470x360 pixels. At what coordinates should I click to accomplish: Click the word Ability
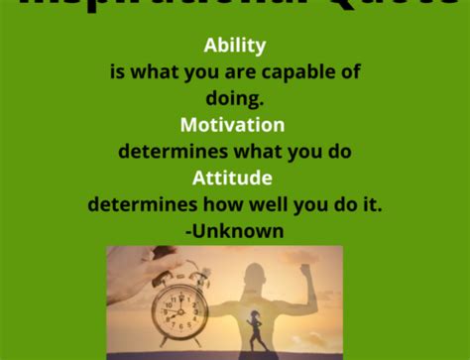[x=235, y=46]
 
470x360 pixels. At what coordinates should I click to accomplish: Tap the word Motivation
[x=233, y=126]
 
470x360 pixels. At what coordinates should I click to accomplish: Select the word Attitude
[x=233, y=180]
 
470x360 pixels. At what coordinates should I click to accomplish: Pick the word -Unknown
[x=234, y=231]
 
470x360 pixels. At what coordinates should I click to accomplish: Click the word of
[x=349, y=72]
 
